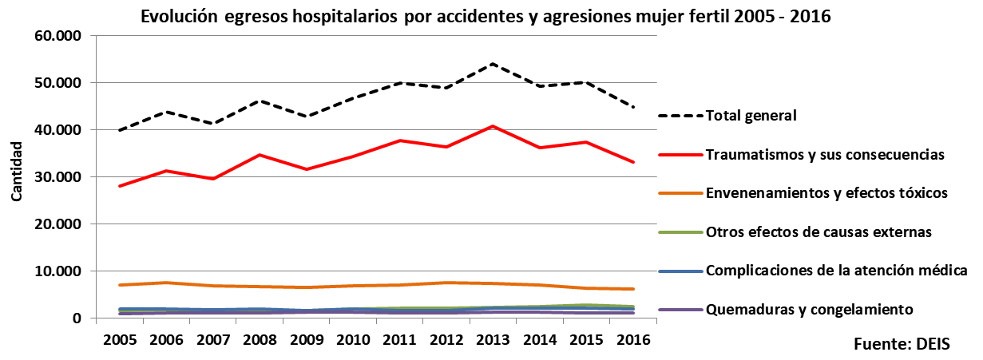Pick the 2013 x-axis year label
click(x=493, y=338)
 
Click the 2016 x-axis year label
click(x=632, y=338)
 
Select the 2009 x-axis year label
click(x=306, y=338)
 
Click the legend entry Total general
click(x=751, y=116)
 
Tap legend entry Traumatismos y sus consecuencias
click(x=825, y=154)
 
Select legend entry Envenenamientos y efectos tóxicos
click(x=826, y=192)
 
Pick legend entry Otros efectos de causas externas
click(x=819, y=232)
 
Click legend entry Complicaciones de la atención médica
click(x=837, y=271)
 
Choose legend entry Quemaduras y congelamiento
click(x=810, y=309)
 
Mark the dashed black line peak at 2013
click(x=493, y=64)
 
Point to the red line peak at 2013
click(x=493, y=126)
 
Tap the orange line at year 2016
click(x=632, y=289)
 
